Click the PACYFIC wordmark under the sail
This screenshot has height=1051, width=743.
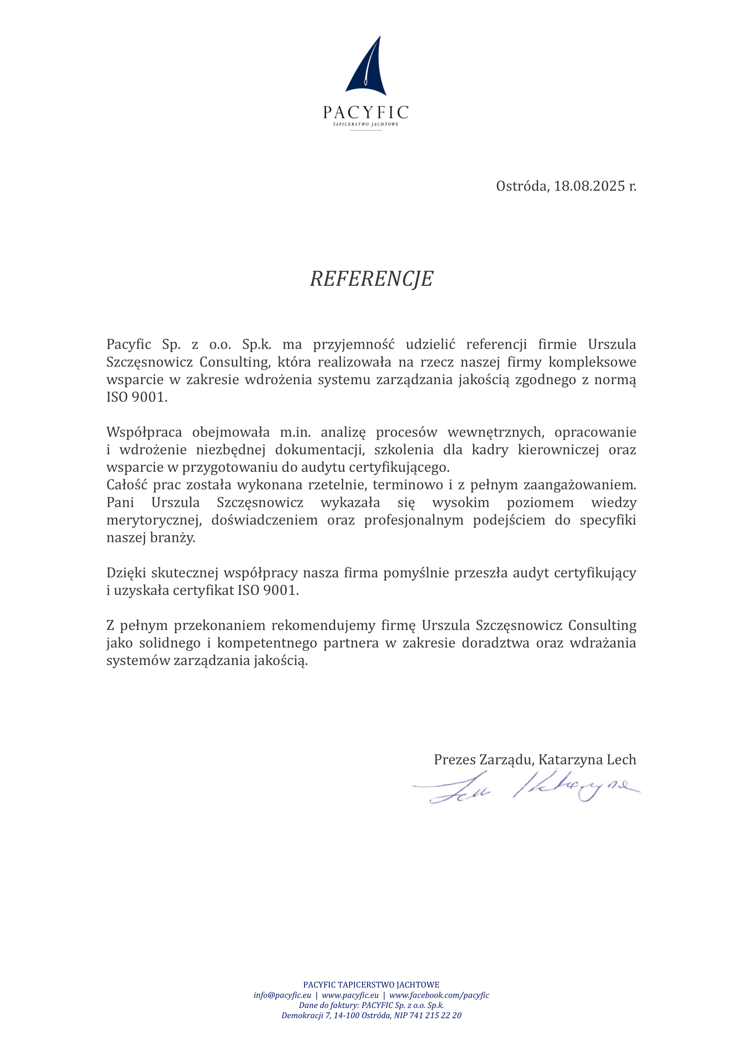(x=366, y=112)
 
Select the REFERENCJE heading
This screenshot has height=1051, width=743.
(x=371, y=278)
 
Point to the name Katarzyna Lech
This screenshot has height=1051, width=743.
(x=587, y=759)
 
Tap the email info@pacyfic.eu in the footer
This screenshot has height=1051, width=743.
(x=282, y=995)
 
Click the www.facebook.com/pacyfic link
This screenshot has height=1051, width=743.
(x=439, y=995)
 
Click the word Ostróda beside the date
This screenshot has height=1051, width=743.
(x=522, y=186)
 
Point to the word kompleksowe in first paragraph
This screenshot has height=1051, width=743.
(x=592, y=362)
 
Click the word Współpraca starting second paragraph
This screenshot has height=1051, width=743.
(x=144, y=432)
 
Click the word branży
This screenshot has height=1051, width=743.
(x=172, y=537)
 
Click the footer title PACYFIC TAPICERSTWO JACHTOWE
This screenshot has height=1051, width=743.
(x=371, y=984)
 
